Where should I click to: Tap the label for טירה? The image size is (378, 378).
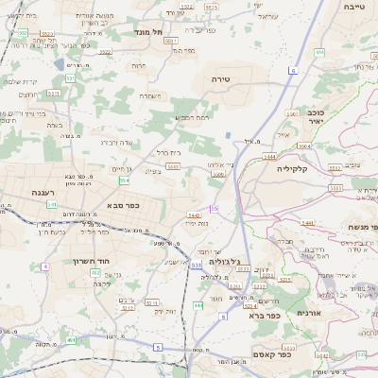click(222, 78)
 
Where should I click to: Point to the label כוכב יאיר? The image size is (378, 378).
click(315, 116)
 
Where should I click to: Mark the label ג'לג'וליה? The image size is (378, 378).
click(249, 260)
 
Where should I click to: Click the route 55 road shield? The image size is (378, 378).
click(215, 208)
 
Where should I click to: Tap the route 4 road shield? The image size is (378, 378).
click(44, 266)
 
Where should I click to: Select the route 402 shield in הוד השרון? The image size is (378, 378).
click(95, 272)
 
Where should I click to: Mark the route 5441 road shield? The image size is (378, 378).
click(192, 215)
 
